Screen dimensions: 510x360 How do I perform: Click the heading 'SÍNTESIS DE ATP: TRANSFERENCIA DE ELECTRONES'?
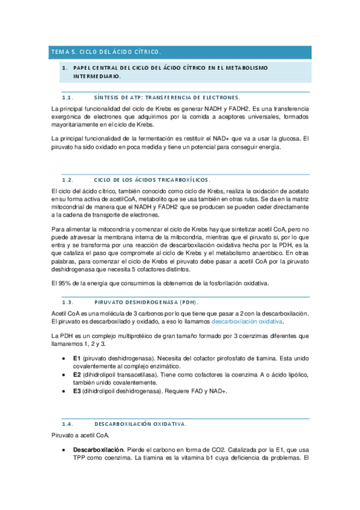click(168, 97)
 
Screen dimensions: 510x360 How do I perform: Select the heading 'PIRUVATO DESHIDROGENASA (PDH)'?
click(147, 302)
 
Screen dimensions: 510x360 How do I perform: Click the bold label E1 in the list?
click(77, 358)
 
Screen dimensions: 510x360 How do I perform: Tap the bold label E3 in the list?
click(77, 390)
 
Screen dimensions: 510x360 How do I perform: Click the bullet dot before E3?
click(64, 390)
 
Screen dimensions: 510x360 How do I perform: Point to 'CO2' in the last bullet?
click(209, 449)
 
